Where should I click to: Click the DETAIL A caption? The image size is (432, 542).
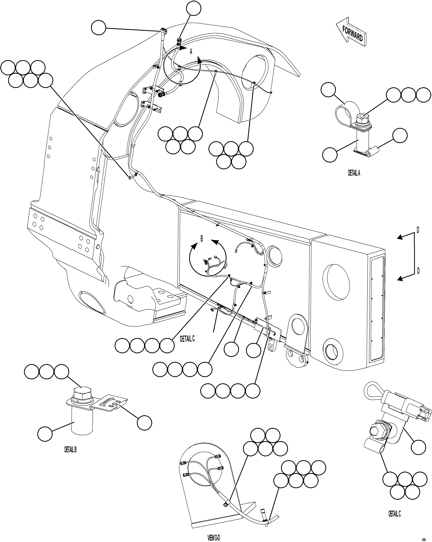coord(354,173)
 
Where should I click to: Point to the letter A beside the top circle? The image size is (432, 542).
coord(191,52)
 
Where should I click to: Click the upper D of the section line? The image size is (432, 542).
coord(418,230)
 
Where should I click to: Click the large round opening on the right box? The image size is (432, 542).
coord(336,282)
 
